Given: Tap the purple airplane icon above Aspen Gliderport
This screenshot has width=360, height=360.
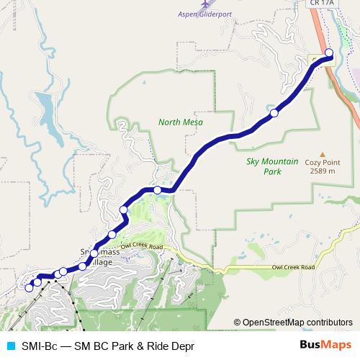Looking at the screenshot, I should pyautogui.click(x=205, y=4).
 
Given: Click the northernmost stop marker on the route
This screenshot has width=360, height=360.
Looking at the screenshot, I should pyautogui.click(x=329, y=53).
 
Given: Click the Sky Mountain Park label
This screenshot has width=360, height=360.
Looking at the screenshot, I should pyautogui.click(x=272, y=168).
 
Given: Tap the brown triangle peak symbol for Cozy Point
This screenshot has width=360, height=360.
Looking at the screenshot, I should pyautogui.click(x=323, y=153).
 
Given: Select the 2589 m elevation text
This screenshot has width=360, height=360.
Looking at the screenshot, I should pyautogui.click(x=320, y=171).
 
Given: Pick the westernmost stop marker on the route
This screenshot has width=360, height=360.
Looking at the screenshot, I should pyautogui.click(x=30, y=288).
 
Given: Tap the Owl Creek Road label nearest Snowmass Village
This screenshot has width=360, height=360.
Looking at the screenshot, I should pyautogui.click(x=140, y=247).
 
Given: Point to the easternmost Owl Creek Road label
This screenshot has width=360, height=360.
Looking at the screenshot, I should pyautogui.click(x=293, y=267).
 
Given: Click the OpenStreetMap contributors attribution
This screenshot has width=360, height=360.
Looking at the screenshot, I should pyautogui.click(x=292, y=323).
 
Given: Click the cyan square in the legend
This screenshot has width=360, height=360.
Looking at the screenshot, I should pyautogui.click(x=9, y=346).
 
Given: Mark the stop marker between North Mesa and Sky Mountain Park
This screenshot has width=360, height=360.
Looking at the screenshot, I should pyautogui.click(x=274, y=113).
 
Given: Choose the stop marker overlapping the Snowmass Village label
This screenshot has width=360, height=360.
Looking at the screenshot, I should pyautogui.click(x=94, y=253).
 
